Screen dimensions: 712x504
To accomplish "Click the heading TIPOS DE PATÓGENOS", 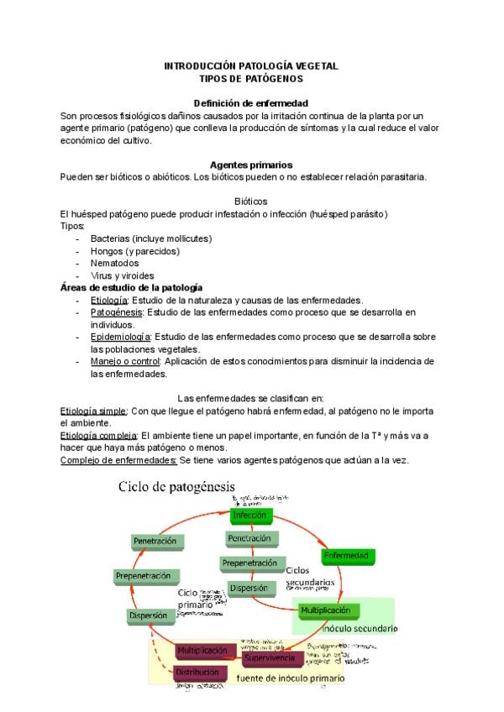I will tap(251, 77).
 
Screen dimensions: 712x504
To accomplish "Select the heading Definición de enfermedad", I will tap(251, 102).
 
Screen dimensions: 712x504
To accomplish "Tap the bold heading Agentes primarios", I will tap(251, 165).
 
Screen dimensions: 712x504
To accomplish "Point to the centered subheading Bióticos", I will tap(251, 202).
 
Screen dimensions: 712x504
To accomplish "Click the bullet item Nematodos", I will tap(115, 263).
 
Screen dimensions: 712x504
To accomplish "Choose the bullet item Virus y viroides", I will tap(123, 275).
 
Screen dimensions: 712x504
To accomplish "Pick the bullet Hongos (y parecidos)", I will tap(135, 250).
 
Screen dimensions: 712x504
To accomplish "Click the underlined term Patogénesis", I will tap(116, 312).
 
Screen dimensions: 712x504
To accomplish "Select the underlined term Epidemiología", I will tap(120, 337).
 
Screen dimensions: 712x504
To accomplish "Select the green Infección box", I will tap(249, 515).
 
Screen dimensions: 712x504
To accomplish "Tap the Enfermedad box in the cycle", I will tap(347, 556).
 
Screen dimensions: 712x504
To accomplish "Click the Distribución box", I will tap(198, 673).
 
